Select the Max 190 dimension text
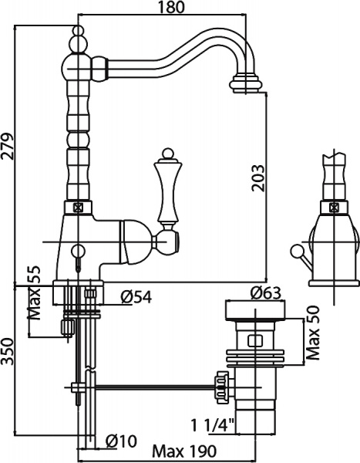click(x=182, y=452)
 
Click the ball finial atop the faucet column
click(x=77, y=35)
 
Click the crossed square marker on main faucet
click(x=77, y=207)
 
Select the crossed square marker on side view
click(x=334, y=207)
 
